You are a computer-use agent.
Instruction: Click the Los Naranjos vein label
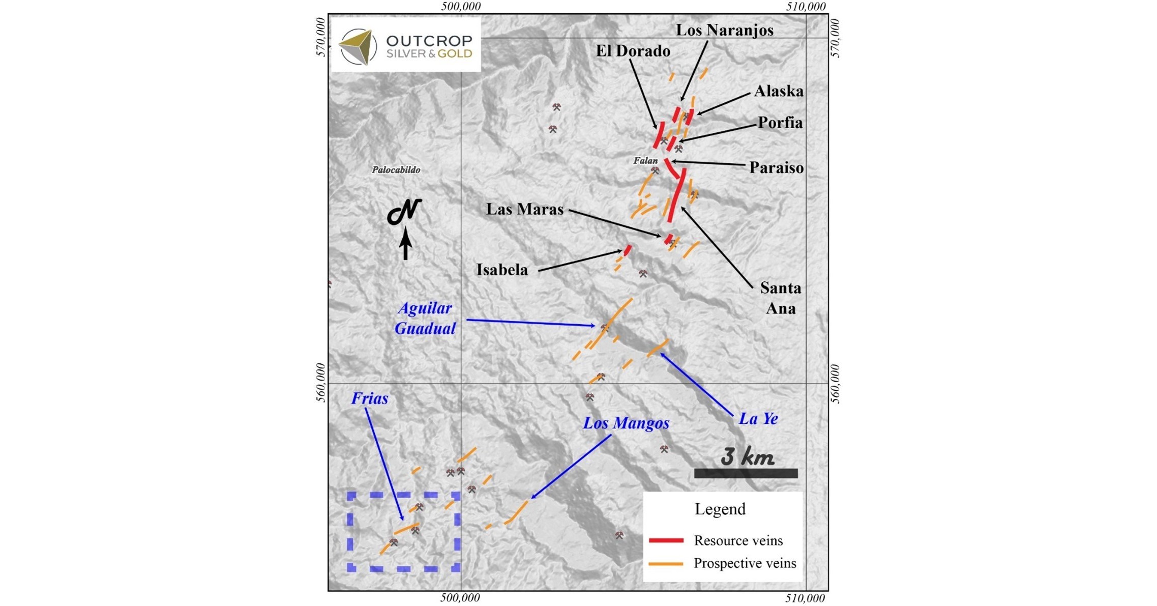724,30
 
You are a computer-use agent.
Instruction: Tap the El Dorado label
633,51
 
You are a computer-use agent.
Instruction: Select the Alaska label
779,91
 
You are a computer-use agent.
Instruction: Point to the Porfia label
780,123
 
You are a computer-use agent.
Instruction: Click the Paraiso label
776,167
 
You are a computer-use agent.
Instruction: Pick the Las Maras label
524,209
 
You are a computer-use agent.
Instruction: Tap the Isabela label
501,270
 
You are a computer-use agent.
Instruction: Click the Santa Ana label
780,298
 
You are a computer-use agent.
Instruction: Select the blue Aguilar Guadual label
425,319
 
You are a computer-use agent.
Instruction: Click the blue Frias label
369,398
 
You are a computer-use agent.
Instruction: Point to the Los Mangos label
626,423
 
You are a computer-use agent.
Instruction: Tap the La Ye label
758,419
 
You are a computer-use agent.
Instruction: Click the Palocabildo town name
396,170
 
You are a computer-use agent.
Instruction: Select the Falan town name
645,161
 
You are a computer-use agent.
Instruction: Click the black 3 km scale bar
746,474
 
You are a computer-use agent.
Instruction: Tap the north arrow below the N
405,244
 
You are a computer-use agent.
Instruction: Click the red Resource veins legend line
666,540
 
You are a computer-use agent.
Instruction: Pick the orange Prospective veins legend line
666,564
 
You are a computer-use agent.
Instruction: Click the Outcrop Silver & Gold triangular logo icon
358,47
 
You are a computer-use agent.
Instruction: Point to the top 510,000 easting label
806,7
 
